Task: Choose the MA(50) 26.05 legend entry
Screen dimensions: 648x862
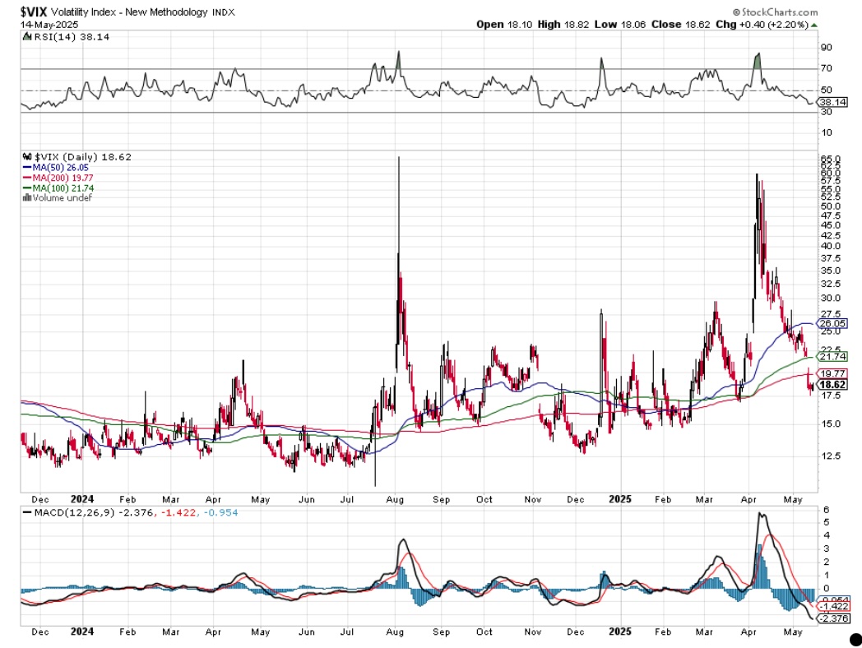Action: click(x=58, y=167)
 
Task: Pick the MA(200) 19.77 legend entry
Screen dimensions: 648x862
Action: click(x=60, y=177)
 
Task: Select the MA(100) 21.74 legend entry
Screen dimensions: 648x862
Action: click(x=60, y=187)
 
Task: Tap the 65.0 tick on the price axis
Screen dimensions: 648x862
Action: click(x=828, y=159)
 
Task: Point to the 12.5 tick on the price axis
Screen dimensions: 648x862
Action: click(x=828, y=456)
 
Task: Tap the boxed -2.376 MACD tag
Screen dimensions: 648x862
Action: click(x=832, y=619)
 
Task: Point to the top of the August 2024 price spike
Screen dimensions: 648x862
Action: click(x=399, y=157)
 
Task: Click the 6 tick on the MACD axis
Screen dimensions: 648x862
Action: click(x=825, y=511)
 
